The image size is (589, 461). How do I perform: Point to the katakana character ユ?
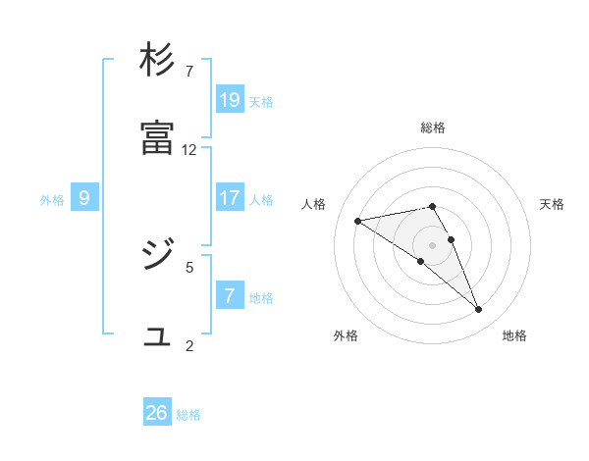[x=157, y=336]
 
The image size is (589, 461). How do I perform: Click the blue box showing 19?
[x=230, y=99]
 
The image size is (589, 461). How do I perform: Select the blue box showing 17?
[x=230, y=198]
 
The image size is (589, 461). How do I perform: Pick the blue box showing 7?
[x=230, y=295]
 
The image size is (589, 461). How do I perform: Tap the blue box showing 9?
[x=84, y=198]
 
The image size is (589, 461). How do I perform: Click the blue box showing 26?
[x=157, y=413]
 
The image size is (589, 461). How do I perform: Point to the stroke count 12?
[x=189, y=150]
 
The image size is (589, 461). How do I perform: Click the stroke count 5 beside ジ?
[x=189, y=266]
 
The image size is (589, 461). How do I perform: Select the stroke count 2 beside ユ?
[x=189, y=344]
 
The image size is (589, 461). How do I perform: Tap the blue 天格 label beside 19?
[x=261, y=102]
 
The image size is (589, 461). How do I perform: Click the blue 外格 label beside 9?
[x=52, y=200]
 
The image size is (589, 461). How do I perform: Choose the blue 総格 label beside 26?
[x=188, y=415]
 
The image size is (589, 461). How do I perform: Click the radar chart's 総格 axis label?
[x=433, y=128]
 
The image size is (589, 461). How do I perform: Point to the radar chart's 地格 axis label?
[x=514, y=335]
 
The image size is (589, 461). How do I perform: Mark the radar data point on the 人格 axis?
[x=358, y=221]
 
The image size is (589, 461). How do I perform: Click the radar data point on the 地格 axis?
[x=478, y=310]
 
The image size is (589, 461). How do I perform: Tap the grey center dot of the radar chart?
[x=433, y=244]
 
